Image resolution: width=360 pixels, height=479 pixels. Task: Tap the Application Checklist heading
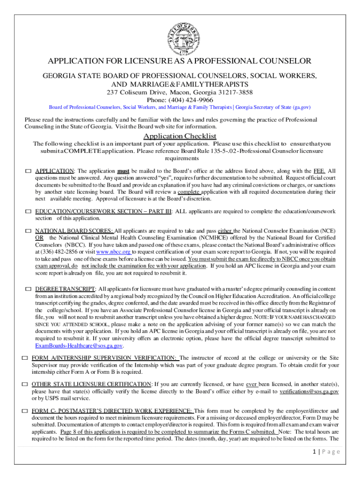point(180,136)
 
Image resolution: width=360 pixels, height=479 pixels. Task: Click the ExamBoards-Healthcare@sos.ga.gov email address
point(79,346)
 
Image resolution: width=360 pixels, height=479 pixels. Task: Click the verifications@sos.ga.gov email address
point(309,391)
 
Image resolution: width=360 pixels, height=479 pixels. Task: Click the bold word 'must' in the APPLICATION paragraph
point(123,171)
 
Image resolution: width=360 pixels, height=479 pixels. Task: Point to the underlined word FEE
point(320,171)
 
